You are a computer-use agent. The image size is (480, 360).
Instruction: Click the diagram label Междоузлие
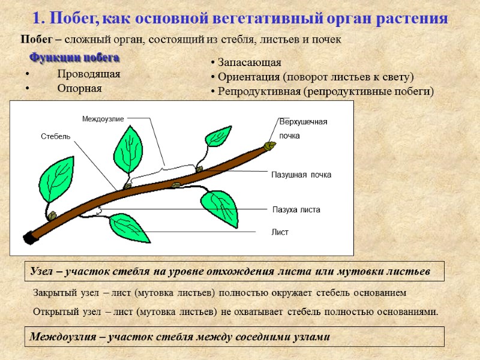tap(103, 119)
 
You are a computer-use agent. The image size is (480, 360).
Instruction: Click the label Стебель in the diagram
tap(55, 136)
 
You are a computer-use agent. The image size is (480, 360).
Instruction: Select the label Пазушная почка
tap(301, 175)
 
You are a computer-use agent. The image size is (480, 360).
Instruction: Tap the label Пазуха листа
tap(296, 210)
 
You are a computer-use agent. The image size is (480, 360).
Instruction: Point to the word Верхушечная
tap(304, 122)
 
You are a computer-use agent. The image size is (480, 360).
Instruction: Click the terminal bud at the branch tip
tap(271, 145)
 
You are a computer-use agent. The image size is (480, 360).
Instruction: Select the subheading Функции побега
tap(74, 58)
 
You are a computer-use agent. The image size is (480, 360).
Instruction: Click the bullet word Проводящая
tap(89, 74)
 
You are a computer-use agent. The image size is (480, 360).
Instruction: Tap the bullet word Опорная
tap(79, 88)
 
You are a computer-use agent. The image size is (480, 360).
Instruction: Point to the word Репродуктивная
tap(259, 92)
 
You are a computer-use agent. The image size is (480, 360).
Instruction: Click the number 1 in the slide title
tap(36, 18)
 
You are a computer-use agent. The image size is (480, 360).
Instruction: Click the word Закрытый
tap(53, 293)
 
